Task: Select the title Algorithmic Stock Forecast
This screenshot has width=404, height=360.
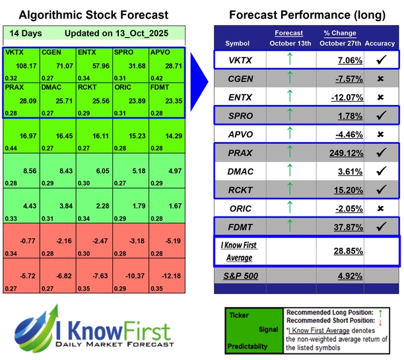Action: click(93, 15)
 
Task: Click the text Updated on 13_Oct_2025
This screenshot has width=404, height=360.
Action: click(118, 33)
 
